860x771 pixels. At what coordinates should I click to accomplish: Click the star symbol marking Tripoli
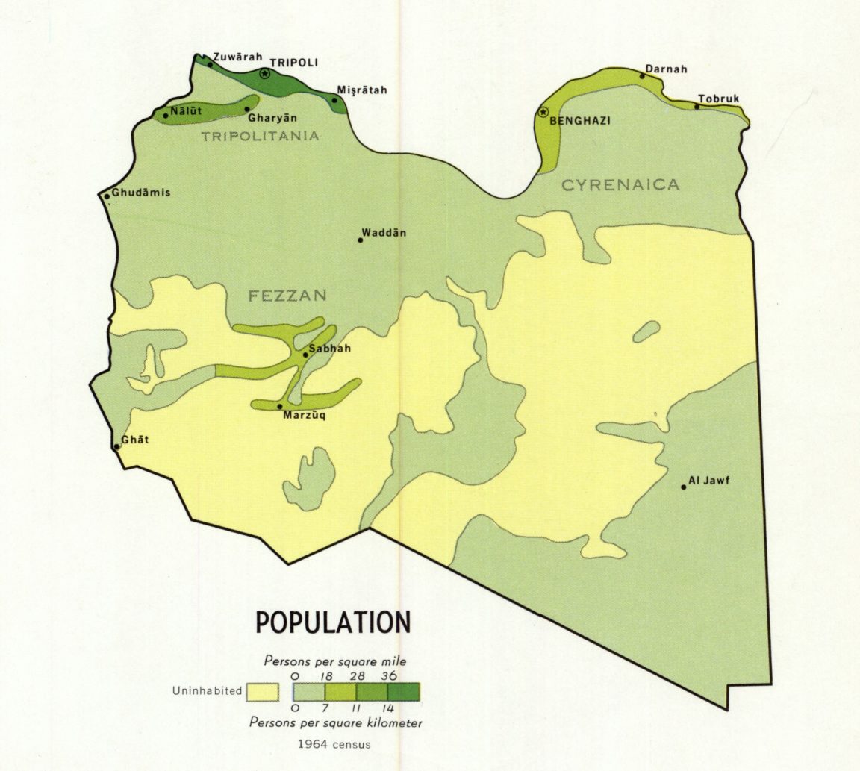tap(264, 74)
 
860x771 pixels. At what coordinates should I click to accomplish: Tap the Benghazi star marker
tap(543, 113)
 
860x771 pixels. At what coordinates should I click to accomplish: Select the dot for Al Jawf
tap(683, 487)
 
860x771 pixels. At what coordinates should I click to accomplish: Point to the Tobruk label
tap(718, 99)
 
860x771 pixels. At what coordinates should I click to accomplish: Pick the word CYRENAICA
tap(620, 185)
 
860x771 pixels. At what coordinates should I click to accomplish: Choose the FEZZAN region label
tap(287, 296)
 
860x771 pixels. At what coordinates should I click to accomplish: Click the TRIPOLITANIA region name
tap(260, 137)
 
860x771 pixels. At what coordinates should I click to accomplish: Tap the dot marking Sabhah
tap(305, 355)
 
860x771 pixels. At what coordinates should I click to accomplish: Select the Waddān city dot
tap(360, 240)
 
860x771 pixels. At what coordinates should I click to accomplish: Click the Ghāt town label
tap(135, 440)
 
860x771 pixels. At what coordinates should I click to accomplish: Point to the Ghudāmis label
tap(141, 192)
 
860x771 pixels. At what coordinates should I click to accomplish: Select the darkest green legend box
tap(404, 691)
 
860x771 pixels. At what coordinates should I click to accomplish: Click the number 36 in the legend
tap(389, 675)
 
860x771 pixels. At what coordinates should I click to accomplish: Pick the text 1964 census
tap(333, 744)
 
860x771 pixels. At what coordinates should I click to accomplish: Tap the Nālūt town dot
tap(166, 116)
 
